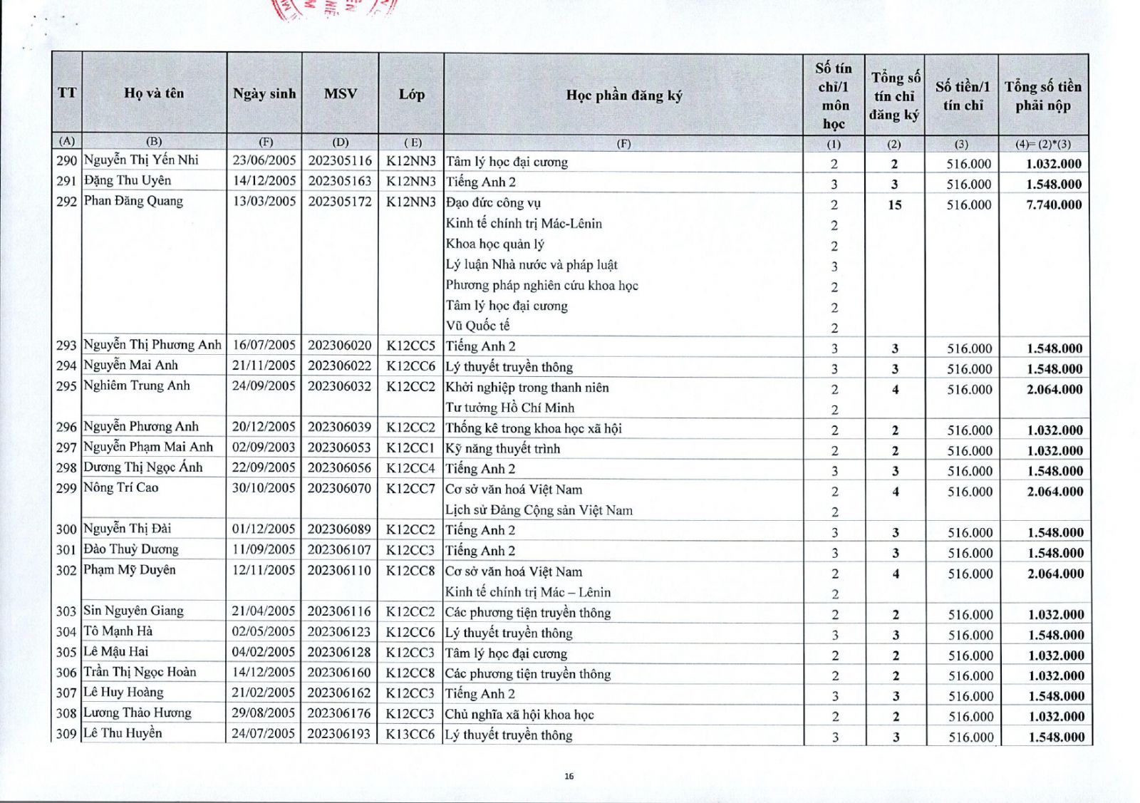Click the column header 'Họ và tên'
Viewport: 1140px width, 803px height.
[x=154, y=93]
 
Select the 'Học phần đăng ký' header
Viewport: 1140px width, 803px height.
[x=623, y=95]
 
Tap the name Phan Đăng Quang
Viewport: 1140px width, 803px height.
[x=133, y=201]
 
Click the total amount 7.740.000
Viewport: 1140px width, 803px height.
[x=1054, y=205]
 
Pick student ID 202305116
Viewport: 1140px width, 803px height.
[x=340, y=161]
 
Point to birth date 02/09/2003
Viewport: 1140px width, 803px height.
[x=264, y=447]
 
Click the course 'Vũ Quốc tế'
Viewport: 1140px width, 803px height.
[x=477, y=326]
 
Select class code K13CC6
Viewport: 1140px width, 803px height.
[x=410, y=734]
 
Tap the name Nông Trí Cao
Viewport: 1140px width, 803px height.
[x=121, y=488]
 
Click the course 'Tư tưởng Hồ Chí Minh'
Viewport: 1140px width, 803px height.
[x=509, y=408]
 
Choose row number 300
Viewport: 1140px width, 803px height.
[x=66, y=529]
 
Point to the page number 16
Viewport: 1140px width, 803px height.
[x=569, y=777]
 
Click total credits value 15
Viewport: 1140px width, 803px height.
[x=894, y=205]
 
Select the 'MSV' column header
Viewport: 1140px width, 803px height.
[x=340, y=93]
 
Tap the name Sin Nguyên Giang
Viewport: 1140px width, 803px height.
[x=133, y=611]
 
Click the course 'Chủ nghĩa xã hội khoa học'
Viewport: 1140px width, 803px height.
[x=519, y=715]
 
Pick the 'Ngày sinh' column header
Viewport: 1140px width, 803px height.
[x=264, y=93]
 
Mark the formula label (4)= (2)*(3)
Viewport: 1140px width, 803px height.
[x=1043, y=144]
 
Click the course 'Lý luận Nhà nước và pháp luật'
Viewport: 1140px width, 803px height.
[x=532, y=265]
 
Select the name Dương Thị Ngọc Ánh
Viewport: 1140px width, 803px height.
[x=142, y=467]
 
